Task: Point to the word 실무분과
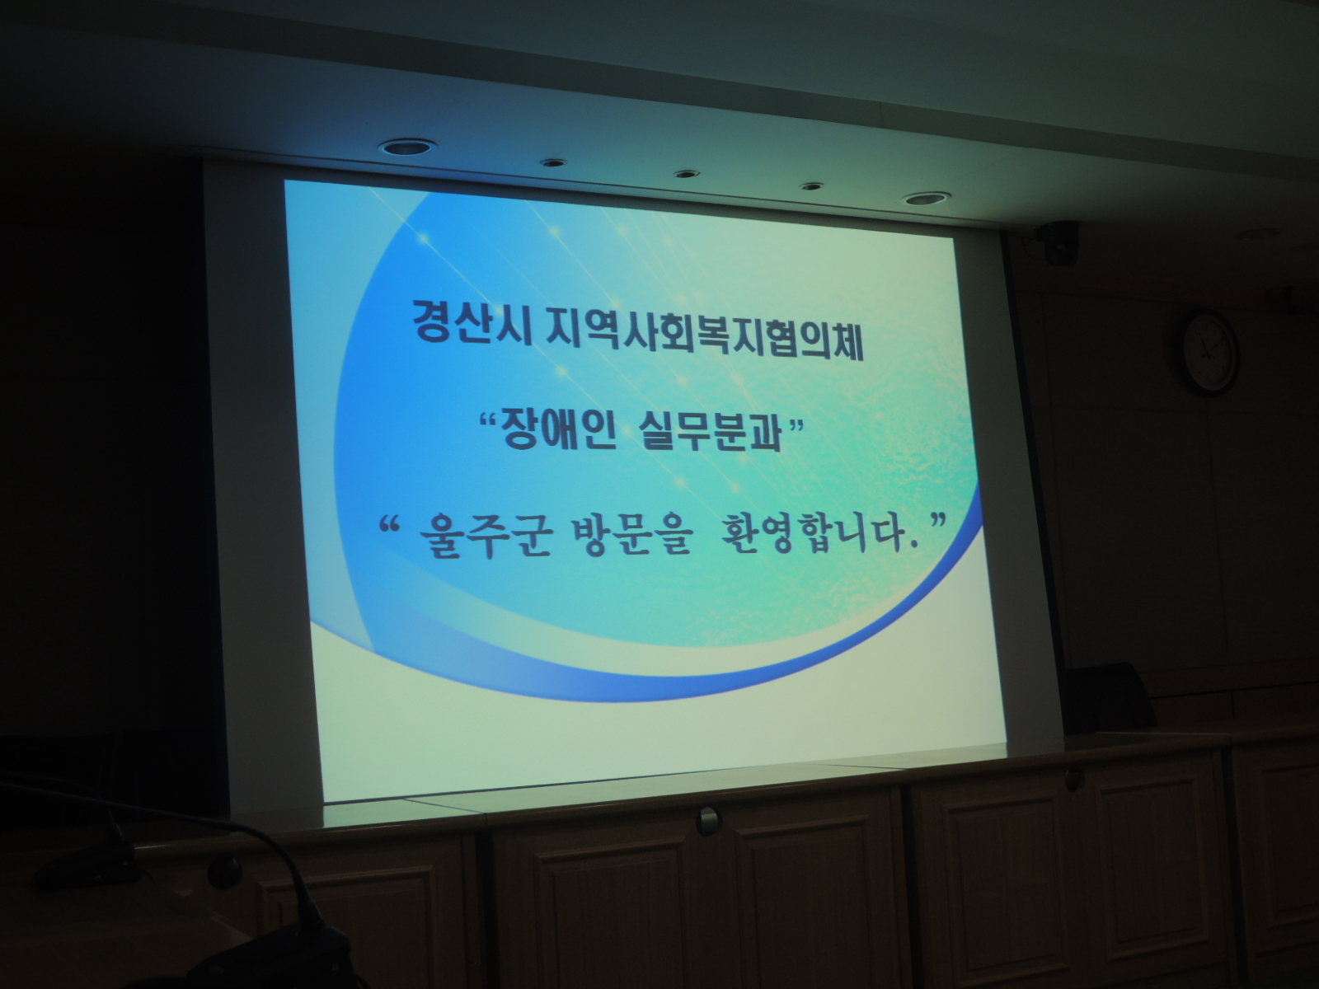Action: (711, 432)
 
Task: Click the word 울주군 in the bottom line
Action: (480, 536)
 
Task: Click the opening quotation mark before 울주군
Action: (391, 523)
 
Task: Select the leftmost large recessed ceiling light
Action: (409, 148)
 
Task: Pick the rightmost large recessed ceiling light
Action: (928, 198)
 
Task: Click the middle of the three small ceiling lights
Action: (686, 174)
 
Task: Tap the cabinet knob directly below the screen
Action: (708, 820)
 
